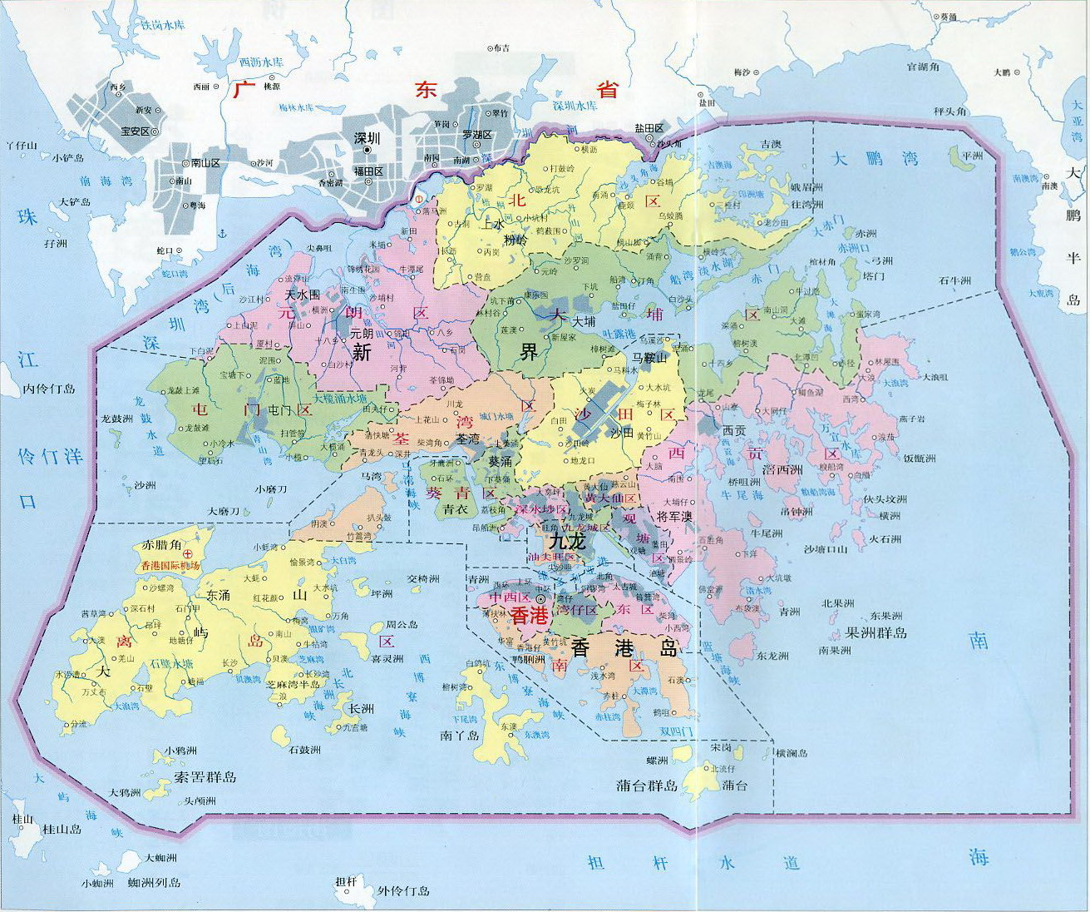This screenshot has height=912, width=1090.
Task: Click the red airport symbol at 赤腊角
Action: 188,553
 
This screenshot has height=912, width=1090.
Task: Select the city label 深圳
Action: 367,139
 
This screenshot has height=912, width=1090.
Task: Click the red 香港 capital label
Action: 529,616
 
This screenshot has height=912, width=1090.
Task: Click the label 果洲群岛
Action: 875,632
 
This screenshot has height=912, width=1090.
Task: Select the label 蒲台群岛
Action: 647,785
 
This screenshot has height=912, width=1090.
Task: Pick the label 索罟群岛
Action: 205,777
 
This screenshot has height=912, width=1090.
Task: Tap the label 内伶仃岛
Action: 49,389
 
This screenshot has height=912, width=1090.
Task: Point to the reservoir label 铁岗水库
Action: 161,26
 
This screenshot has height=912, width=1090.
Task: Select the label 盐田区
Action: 649,128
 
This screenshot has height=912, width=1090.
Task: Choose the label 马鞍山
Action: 649,357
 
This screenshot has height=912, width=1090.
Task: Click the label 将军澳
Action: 674,516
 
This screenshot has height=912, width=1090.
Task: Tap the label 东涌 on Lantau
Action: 219,596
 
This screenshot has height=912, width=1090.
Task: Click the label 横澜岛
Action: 792,753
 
